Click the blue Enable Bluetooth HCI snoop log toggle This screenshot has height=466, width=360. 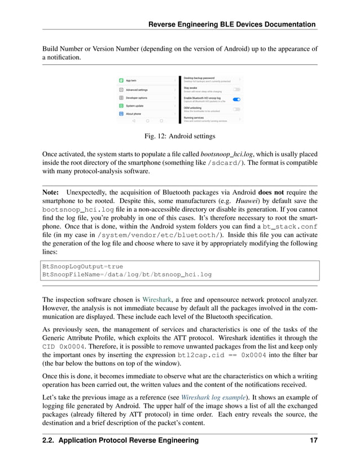point(236,99)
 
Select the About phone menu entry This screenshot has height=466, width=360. point(134,113)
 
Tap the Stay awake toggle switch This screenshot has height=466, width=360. point(236,89)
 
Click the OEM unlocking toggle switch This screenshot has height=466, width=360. point(236,109)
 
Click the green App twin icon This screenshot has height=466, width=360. point(121,81)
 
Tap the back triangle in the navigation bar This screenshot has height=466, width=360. point(134,120)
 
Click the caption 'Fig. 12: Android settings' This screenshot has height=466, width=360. point(180,135)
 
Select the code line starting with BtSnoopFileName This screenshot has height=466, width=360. point(127,274)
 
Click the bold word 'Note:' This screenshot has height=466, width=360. point(53,192)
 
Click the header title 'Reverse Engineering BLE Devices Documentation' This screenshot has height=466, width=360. point(231,24)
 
